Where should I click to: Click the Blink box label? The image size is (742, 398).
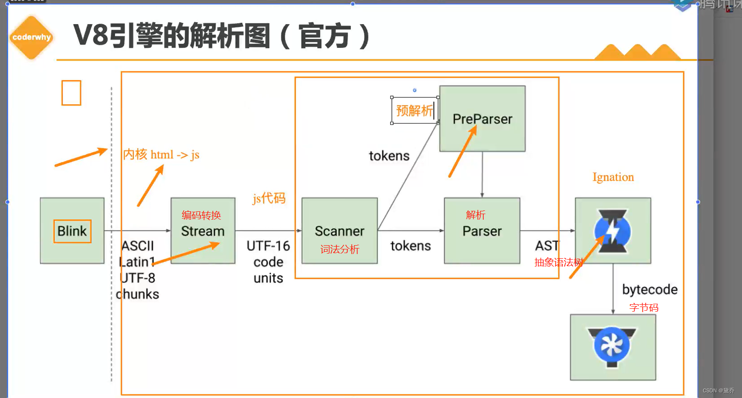coord(72,231)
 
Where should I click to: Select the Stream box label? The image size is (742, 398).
coord(203,231)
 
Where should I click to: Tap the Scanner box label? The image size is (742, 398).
coord(340,231)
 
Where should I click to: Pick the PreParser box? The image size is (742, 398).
coord(482,119)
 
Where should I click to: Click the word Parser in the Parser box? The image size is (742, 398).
coord(482,231)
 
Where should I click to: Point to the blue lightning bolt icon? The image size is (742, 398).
coord(613,231)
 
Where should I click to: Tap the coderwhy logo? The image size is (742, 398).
coord(32,38)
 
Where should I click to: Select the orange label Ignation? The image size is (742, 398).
coord(613,177)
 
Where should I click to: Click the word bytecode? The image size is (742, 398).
coord(650,289)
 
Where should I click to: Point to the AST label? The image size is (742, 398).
coord(547,246)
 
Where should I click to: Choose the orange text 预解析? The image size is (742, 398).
coord(414,111)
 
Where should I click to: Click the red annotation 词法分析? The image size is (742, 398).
coord(340,249)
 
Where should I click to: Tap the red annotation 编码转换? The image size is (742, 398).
coord(201,215)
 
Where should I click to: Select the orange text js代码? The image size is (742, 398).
coord(269,198)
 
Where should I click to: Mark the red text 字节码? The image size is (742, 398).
coord(644,307)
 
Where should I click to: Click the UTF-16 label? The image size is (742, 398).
coord(268,246)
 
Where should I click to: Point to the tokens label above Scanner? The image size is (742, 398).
coord(389,156)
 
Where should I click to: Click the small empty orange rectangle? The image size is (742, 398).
coord(71,93)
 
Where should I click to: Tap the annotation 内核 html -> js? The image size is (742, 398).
coord(161,154)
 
